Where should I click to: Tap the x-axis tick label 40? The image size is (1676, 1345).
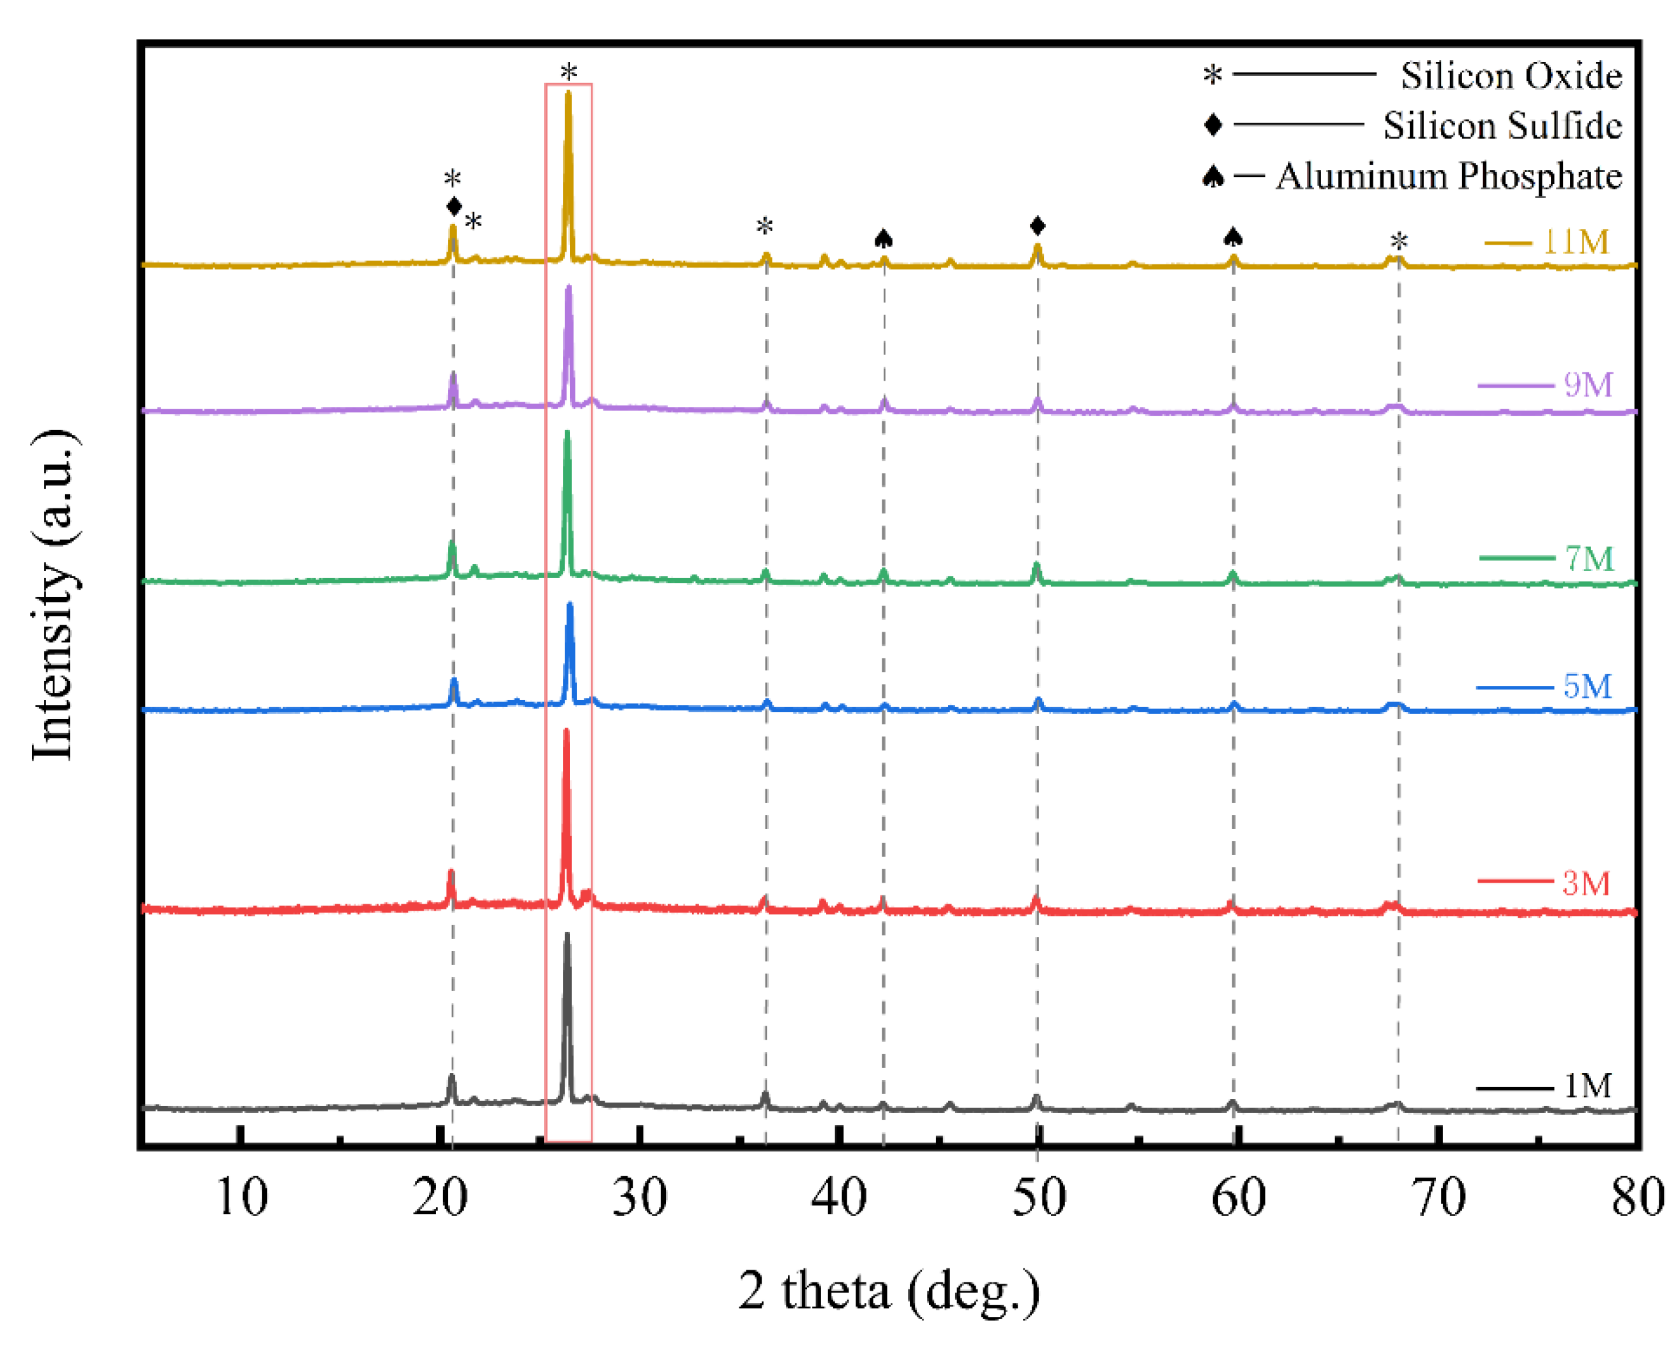click(x=839, y=1197)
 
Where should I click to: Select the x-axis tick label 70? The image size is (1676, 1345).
click(x=1439, y=1197)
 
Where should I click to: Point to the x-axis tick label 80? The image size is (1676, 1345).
click(x=1637, y=1197)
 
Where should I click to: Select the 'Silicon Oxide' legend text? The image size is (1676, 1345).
click(x=1511, y=75)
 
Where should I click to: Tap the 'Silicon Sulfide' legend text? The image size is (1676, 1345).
click(x=1502, y=125)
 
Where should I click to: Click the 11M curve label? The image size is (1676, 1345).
click(x=1575, y=242)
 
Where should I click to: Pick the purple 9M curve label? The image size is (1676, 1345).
click(x=1587, y=385)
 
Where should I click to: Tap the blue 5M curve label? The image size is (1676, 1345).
click(x=1587, y=686)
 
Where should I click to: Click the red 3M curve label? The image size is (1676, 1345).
click(x=1586, y=883)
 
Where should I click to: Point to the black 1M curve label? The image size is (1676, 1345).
click(x=1587, y=1085)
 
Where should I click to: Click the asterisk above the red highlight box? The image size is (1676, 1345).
click(x=569, y=72)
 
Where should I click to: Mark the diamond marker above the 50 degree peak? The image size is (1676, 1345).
click(x=1037, y=226)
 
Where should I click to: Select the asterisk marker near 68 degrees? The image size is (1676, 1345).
click(x=1398, y=242)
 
